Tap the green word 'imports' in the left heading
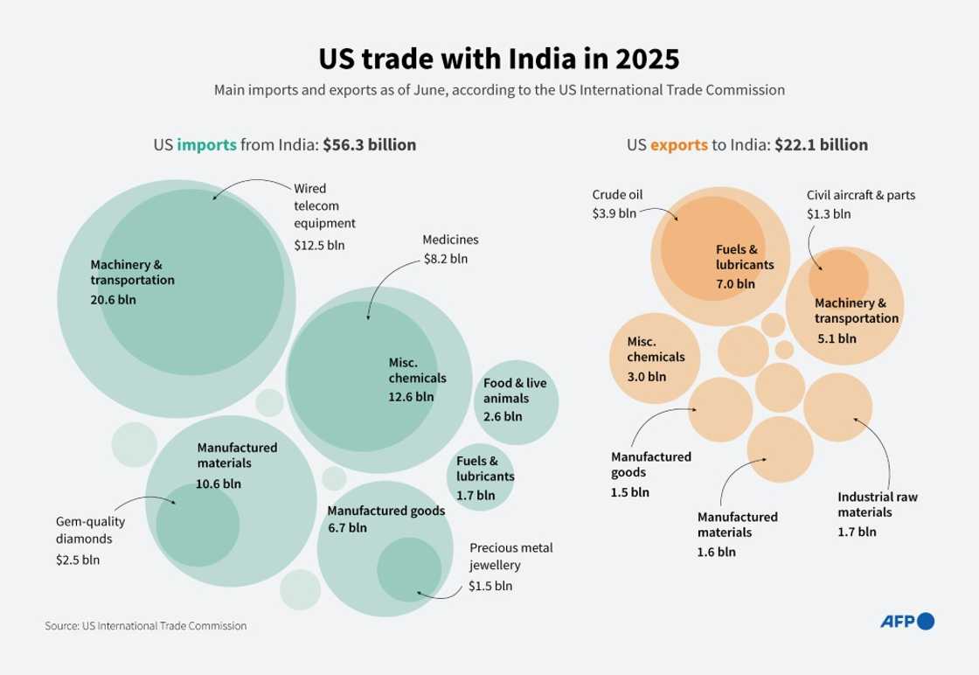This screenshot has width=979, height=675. click(x=206, y=145)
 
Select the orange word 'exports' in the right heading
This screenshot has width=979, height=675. click(x=678, y=145)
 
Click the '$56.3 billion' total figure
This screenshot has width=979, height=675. click(x=369, y=145)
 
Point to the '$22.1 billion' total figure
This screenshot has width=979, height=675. click(x=821, y=145)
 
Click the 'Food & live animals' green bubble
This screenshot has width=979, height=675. click(x=516, y=400)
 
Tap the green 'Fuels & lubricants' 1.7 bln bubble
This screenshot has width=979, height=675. click(x=484, y=477)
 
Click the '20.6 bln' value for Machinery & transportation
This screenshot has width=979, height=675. click(x=113, y=300)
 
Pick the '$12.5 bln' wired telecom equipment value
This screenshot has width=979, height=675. click(x=319, y=245)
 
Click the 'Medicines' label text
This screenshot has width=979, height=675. click(x=450, y=240)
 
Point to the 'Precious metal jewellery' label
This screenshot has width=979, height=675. click(x=511, y=557)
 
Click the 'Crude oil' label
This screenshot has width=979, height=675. click(x=617, y=195)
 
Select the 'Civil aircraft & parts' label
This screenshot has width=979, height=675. click(x=860, y=195)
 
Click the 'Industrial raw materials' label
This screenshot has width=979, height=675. click(x=878, y=505)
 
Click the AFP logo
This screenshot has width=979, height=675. click(x=906, y=622)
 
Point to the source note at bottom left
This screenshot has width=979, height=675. click(x=146, y=626)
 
